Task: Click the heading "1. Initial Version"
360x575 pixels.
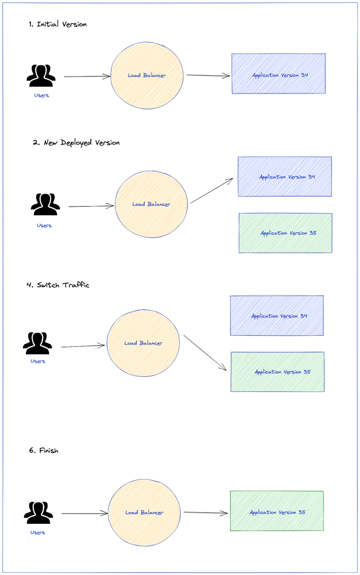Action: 58,24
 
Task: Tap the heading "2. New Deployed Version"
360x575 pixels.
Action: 76,143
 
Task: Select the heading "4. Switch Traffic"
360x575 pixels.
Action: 58,285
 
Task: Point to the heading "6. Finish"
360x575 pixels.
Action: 44,451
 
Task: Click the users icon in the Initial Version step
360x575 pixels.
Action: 41,76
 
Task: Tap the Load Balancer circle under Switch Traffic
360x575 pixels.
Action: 143,343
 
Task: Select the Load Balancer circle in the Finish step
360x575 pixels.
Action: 144,512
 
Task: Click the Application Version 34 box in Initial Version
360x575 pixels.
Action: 278,74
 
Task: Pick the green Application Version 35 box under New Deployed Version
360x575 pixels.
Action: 285,233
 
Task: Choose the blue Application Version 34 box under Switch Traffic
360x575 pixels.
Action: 277,316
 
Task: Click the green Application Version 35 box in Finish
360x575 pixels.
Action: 277,511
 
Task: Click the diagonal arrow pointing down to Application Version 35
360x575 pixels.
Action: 205,353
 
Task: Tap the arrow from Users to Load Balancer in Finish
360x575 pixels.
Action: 85,514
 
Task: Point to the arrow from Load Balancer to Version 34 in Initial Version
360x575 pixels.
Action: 208,75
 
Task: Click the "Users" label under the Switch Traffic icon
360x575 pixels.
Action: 38,361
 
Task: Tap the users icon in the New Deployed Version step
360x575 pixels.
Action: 45,204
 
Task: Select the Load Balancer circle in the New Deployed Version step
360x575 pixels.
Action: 151,204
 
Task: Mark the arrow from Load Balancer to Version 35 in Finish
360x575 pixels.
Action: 206,513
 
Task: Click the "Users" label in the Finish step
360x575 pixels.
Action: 38,533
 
